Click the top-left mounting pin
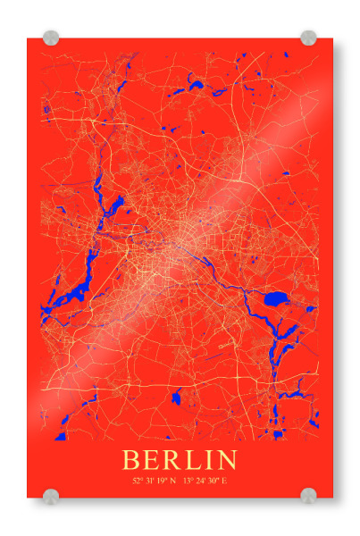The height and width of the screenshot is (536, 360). point(51,38)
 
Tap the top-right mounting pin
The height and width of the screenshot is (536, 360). point(308,38)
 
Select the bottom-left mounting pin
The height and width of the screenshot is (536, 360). point(51,496)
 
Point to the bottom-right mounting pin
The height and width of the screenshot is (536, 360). point(308,496)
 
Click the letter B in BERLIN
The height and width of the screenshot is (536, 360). point(131,461)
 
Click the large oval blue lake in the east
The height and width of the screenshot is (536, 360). point(277,298)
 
